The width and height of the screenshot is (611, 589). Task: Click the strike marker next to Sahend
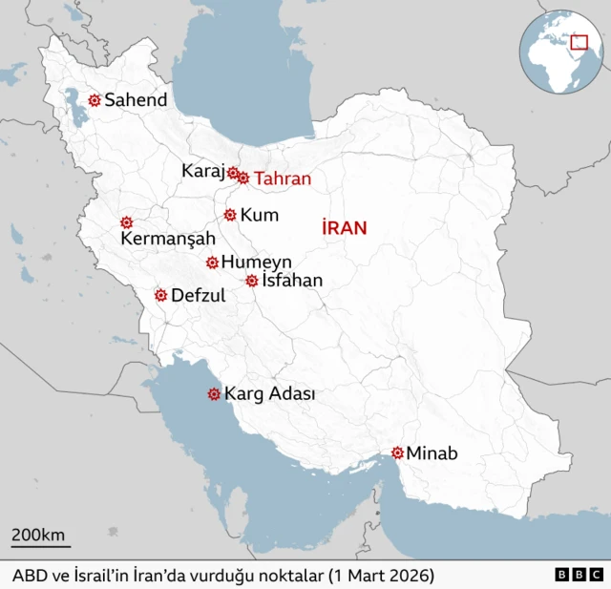point(94,99)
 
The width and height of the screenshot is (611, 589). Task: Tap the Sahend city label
point(136,99)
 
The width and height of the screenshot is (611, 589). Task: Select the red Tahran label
point(283,178)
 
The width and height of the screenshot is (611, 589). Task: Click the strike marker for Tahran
point(243,178)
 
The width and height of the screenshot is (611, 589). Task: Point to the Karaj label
point(201,171)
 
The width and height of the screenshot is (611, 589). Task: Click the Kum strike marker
point(229,215)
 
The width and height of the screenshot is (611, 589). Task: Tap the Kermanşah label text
point(168,239)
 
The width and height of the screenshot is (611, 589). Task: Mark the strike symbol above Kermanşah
point(126,221)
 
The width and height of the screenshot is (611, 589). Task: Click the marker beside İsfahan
point(251,281)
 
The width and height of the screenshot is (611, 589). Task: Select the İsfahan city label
point(292,281)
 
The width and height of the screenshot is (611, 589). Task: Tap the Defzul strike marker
point(160,295)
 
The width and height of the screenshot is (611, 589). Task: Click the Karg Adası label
point(270,393)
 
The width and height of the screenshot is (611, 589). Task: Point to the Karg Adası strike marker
point(214,393)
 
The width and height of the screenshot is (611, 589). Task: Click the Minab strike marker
point(397,452)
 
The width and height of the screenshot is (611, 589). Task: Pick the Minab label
point(432,453)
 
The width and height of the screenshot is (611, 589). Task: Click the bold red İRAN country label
point(345,227)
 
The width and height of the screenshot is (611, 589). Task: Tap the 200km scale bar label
point(38,534)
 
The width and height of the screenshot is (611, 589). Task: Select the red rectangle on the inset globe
point(578,41)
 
